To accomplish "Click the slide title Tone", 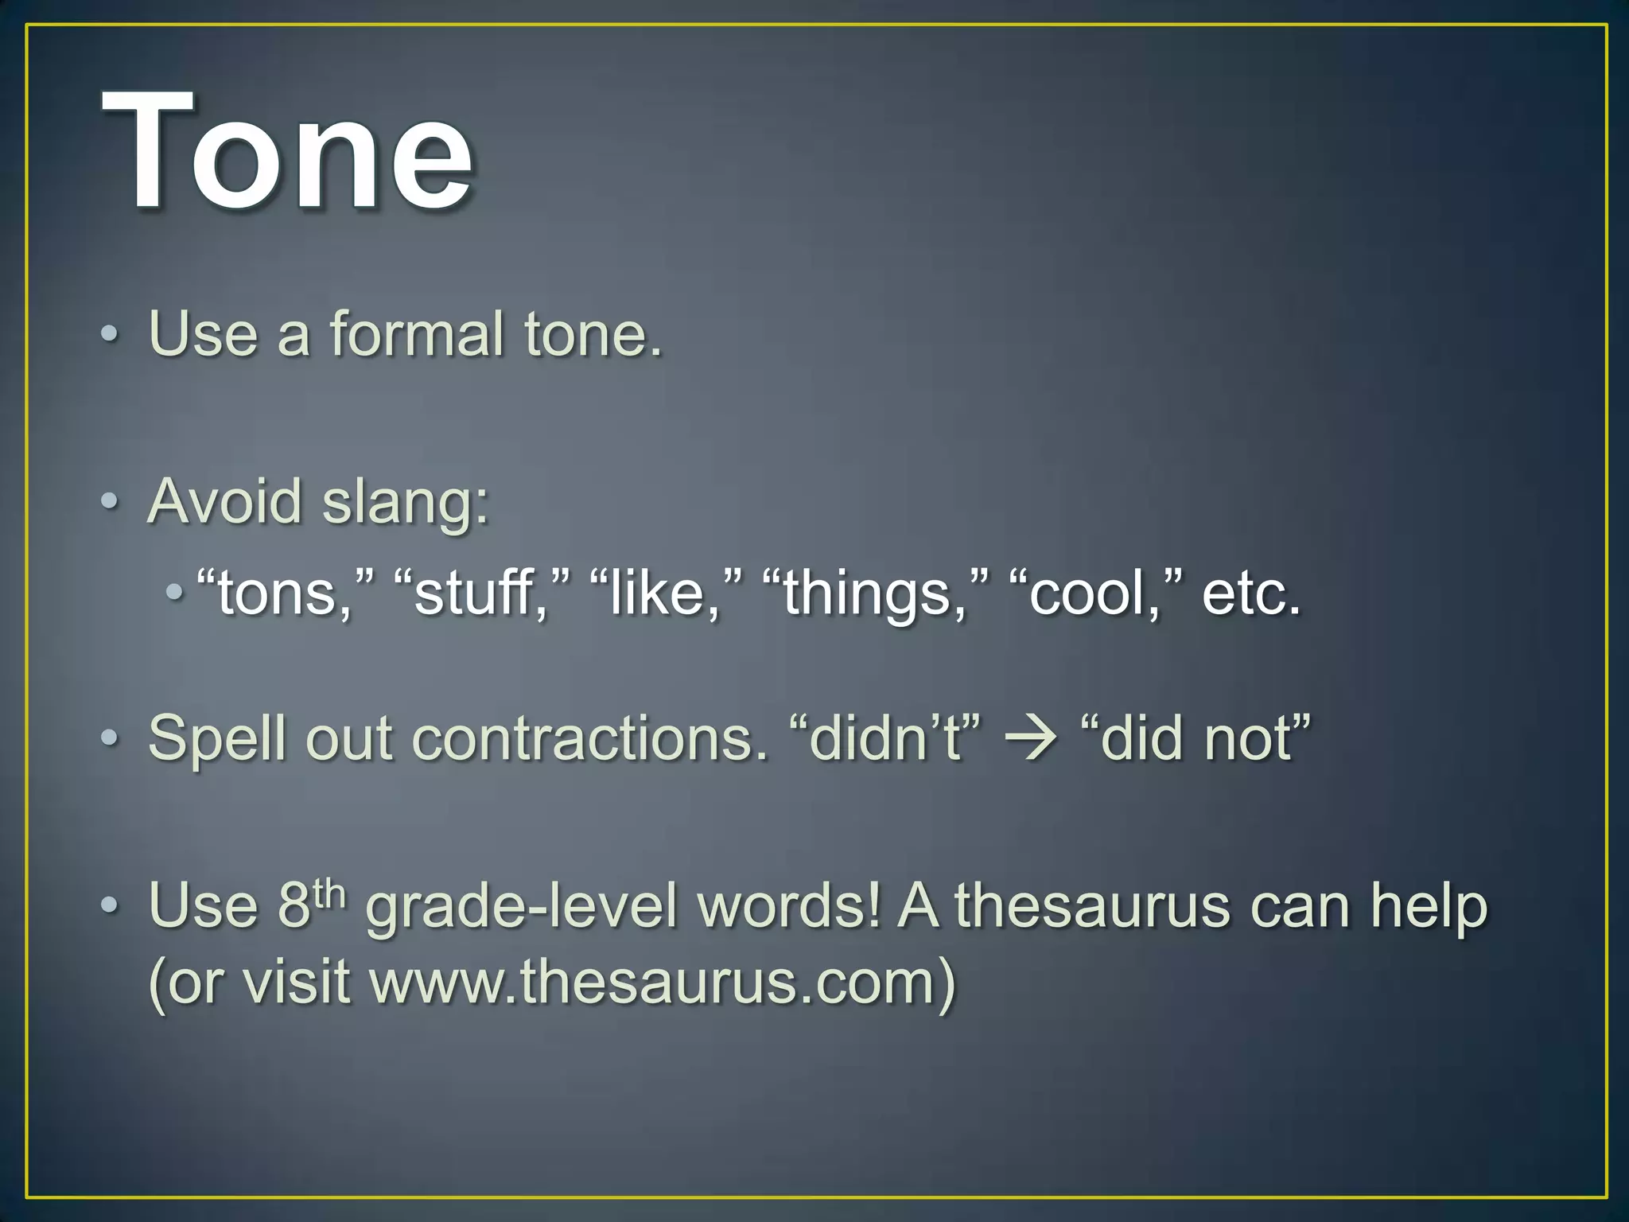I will [288, 151].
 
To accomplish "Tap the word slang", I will [406, 503].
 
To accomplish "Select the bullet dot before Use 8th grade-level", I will [111, 906].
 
